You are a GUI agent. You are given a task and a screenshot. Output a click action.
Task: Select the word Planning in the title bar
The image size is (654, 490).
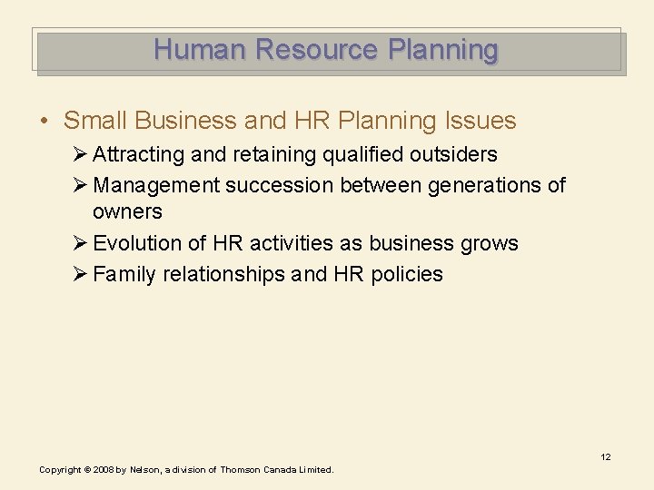click(442, 49)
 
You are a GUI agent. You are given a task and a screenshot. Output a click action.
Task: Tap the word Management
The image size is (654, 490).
click(156, 185)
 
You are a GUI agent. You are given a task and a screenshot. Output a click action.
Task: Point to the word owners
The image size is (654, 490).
click(127, 212)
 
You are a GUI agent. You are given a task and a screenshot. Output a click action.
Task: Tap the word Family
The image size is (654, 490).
click(124, 274)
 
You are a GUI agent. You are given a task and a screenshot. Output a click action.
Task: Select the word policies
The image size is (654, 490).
click(407, 274)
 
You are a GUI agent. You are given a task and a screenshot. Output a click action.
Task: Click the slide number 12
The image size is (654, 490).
click(605, 457)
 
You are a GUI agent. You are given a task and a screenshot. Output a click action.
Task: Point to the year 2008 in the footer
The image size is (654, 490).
click(100, 470)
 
